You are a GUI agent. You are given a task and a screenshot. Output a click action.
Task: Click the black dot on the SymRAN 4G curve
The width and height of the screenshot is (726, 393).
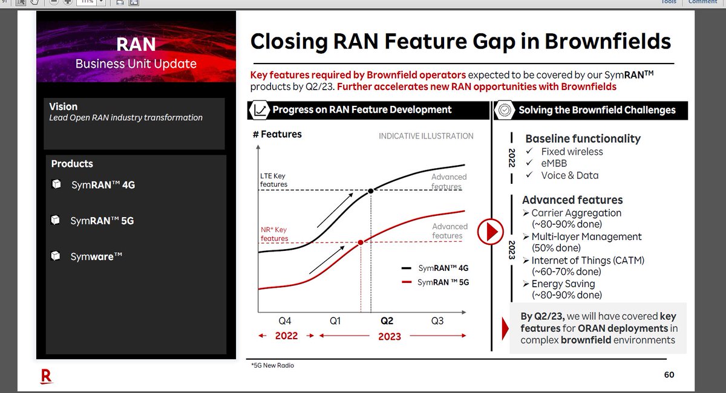(370, 190)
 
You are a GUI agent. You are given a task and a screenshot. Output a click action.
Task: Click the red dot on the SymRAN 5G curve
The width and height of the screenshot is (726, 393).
(361, 242)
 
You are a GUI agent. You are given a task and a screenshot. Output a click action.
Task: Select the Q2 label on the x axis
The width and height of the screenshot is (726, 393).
(387, 321)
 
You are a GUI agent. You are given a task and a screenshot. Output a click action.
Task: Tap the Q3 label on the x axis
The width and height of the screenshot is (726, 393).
(437, 321)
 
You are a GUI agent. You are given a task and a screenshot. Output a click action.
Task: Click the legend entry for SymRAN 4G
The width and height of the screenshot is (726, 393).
(435, 268)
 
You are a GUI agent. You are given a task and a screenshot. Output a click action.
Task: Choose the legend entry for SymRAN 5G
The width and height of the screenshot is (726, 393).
(435, 282)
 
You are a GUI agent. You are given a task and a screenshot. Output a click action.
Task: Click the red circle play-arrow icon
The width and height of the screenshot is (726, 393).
(491, 231)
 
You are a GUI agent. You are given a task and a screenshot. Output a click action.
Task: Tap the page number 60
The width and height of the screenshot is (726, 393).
(669, 375)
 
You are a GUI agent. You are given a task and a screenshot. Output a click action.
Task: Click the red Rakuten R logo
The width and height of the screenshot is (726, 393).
(46, 376)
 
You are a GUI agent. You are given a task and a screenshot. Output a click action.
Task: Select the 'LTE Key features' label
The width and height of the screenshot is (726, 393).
(273, 180)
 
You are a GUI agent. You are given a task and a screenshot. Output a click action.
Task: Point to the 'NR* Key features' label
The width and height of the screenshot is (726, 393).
(274, 234)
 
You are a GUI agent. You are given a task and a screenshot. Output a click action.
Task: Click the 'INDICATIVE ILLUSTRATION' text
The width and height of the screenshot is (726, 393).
(426, 136)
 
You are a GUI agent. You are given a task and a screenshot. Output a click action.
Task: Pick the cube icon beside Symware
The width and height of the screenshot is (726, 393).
(56, 256)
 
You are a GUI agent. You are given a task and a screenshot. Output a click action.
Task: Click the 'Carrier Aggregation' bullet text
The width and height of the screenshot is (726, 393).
(576, 213)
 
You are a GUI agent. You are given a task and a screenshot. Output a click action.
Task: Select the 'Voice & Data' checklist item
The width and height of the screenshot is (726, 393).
(569, 175)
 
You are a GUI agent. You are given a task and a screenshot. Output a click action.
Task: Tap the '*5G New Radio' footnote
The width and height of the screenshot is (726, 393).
(273, 365)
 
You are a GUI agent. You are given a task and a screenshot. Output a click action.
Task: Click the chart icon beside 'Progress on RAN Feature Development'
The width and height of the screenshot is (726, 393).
(260, 110)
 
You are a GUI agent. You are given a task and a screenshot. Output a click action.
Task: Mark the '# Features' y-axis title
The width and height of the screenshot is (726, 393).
(277, 134)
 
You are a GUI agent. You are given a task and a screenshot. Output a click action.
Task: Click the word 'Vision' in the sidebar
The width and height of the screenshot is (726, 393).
(64, 106)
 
